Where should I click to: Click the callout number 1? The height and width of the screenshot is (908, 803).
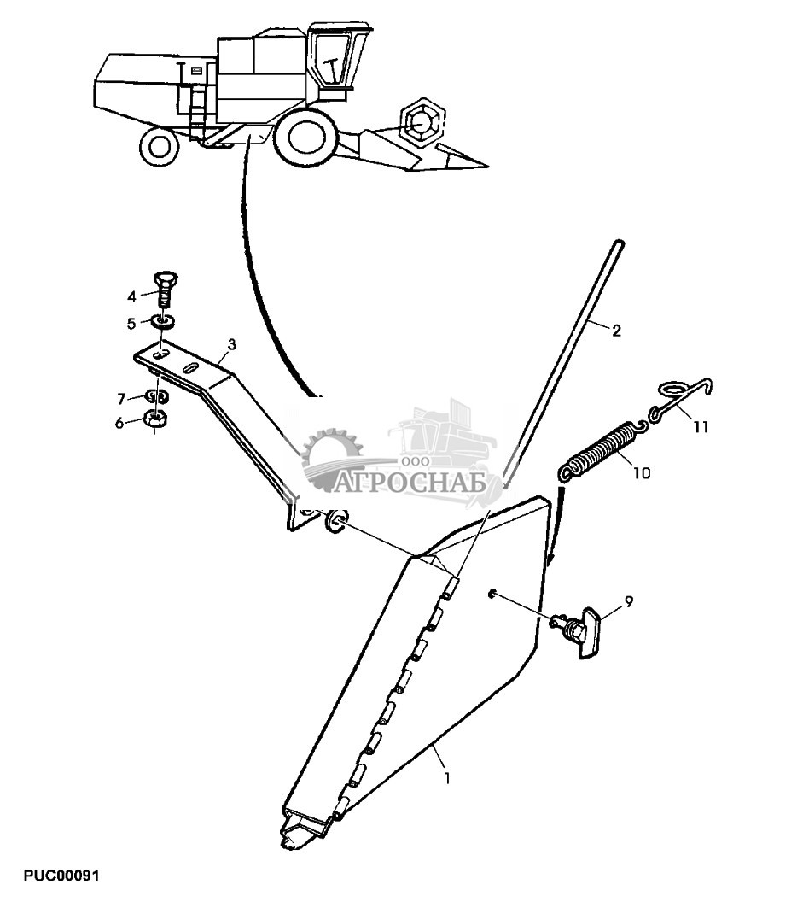click(446, 778)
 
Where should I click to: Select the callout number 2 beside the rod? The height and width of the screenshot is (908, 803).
click(616, 331)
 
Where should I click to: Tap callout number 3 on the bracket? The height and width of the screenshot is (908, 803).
click(230, 344)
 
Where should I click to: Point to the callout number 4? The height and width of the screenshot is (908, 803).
click(132, 296)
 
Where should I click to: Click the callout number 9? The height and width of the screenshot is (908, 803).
click(132, 323)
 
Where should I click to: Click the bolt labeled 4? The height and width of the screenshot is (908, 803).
click(165, 289)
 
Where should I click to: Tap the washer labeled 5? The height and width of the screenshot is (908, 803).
click(164, 322)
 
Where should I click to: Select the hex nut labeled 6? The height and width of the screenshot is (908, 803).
click(157, 419)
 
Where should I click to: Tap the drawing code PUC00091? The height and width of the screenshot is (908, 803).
click(62, 876)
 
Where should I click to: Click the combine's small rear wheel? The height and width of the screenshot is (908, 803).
click(160, 145)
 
